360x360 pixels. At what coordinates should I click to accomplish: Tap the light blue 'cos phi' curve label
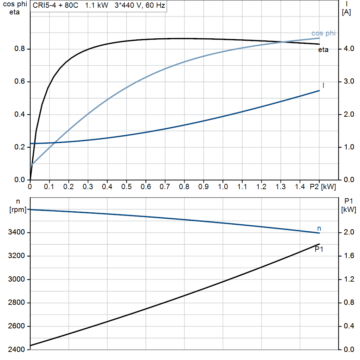click(x=323, y=33)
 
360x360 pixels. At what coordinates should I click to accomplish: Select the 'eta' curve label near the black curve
click(x=323, y=50)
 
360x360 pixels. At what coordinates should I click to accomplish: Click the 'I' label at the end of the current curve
click(x=323, y=85)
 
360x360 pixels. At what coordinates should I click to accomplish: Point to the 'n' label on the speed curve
click(x=319, y=229)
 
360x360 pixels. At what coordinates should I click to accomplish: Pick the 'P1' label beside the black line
click(x=319, y=250)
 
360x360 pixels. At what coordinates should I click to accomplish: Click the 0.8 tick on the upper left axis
click(x=19, y=49)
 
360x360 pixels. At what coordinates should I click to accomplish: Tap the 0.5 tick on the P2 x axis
click(x=126, y=187)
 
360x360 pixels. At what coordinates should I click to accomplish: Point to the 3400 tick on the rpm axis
click(x=17, y=233)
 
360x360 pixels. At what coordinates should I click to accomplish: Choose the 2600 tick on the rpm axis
click(x=17, y=326)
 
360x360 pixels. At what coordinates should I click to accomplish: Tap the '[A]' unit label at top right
click(x=346, y=12)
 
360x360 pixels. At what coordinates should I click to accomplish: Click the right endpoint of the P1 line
click(x=319, y=244)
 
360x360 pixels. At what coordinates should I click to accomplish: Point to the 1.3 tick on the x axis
click(x=280, y=187)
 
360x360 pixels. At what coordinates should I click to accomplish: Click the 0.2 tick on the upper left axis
click(x=19, y=147)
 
